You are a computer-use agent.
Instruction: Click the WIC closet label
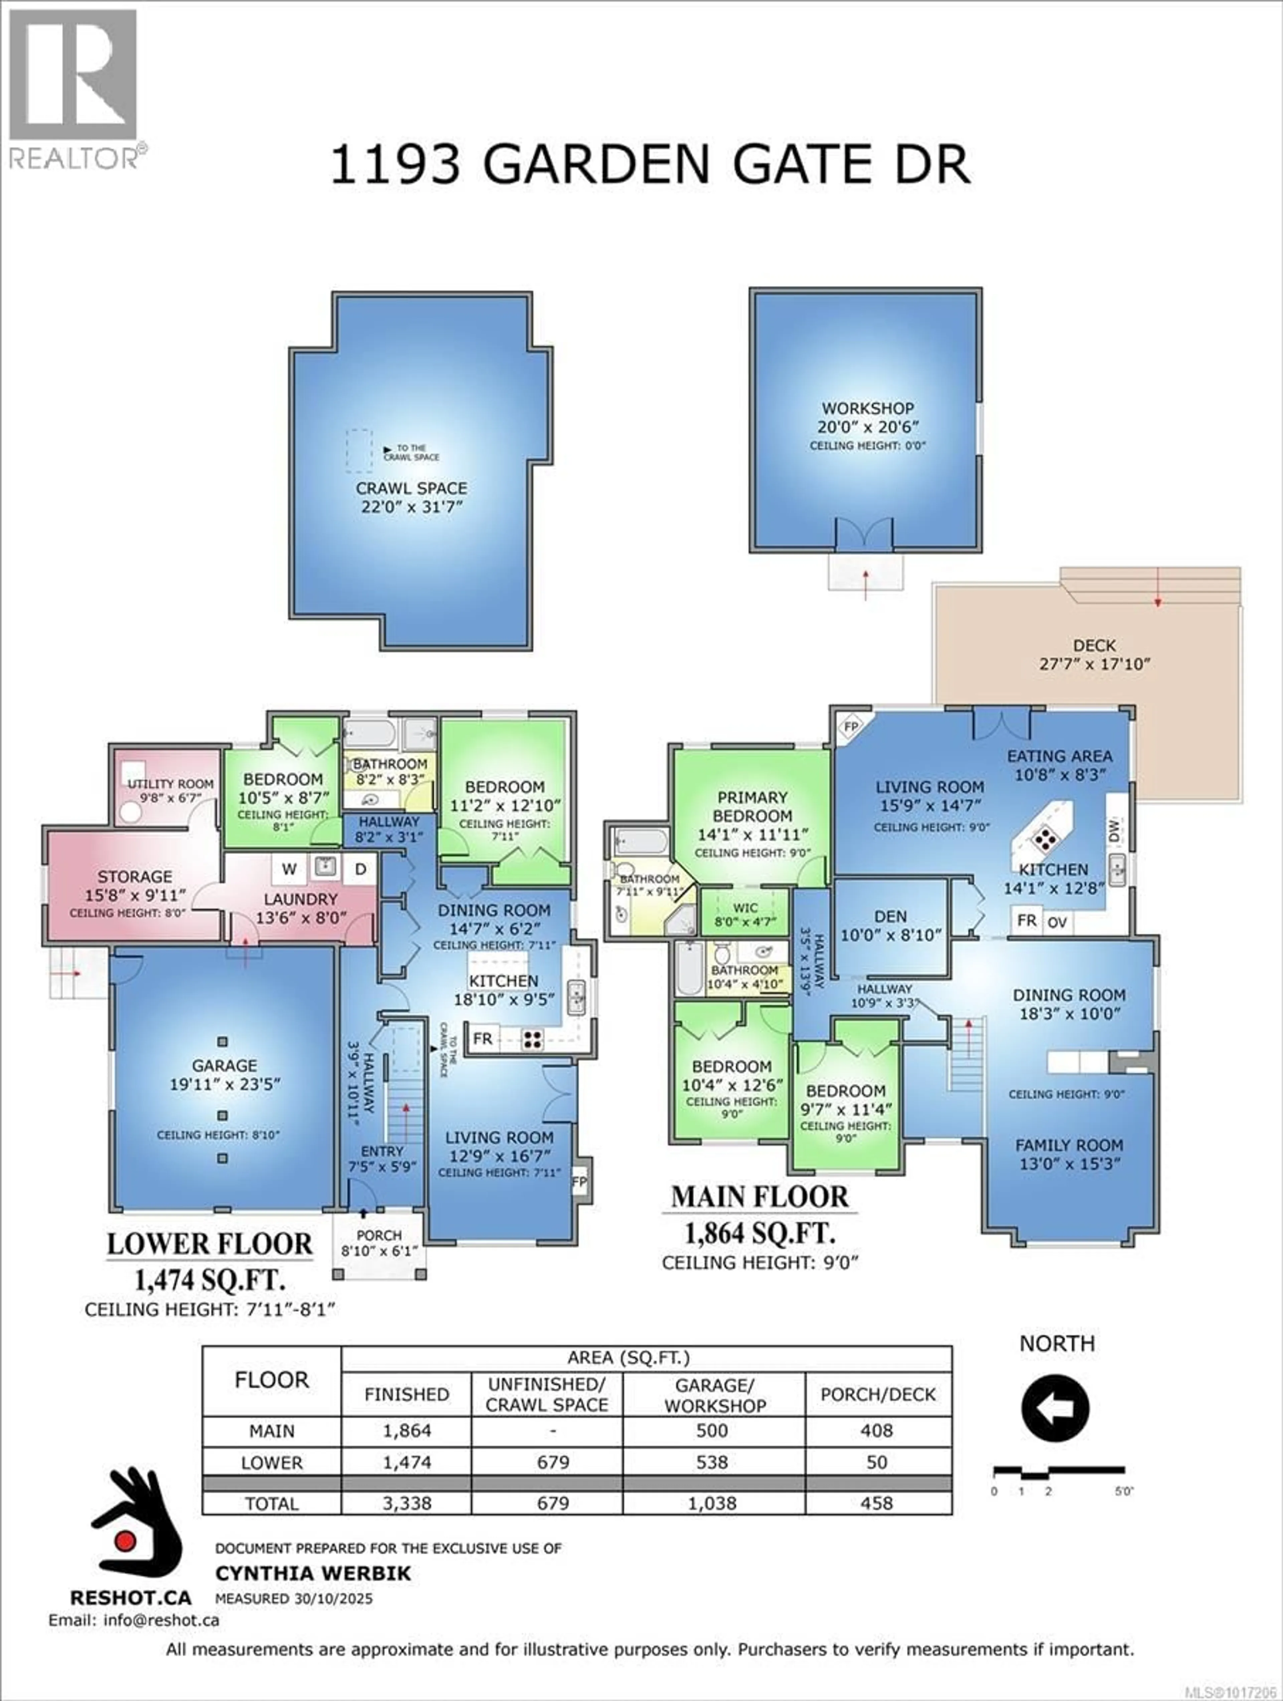(744, 907)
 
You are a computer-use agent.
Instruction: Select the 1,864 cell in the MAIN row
(407, 1431)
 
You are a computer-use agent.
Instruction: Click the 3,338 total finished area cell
(407, 1503)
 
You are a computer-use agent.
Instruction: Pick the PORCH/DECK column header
(878, 1394)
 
